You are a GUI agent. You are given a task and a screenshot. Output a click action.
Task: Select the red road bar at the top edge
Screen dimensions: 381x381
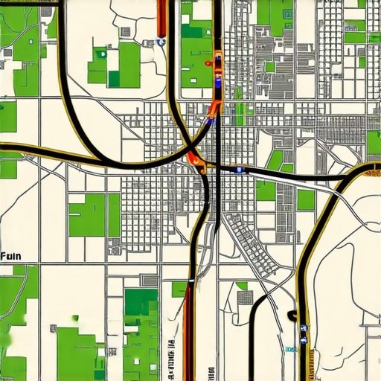tap(161, 17)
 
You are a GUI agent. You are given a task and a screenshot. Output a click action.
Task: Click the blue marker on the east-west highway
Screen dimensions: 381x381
tap(239, 170)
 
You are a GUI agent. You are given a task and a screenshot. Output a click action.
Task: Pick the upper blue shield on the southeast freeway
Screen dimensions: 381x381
tap(304, 325)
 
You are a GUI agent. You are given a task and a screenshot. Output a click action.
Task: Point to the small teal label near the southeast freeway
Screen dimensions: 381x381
tap(289, 348)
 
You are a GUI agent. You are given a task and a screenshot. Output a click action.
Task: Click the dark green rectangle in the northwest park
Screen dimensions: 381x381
tap(114, 78)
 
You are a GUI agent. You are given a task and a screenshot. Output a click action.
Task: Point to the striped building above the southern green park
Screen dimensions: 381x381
tap(150, 280)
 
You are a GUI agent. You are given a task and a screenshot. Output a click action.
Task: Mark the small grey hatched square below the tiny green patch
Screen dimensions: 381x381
tap(245, 298)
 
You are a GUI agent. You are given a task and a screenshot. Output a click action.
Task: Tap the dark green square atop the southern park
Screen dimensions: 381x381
tap(141, 301)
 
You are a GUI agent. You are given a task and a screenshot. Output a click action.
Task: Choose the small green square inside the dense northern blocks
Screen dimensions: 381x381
tap(270, 67)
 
